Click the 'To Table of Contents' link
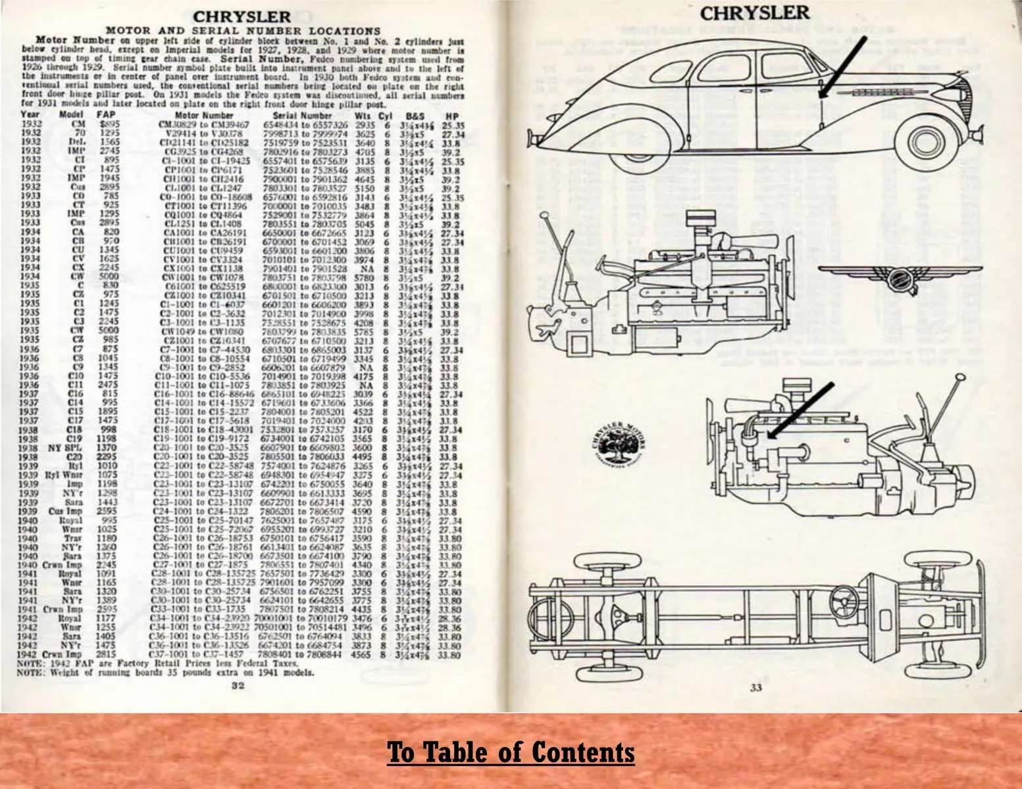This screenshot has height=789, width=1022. pos(511,752)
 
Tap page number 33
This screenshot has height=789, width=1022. pos(755,688)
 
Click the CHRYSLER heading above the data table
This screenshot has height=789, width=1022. pos(242,16)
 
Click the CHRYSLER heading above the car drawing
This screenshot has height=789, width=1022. pos(755,13)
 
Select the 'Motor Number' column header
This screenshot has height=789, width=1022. pos(209,114)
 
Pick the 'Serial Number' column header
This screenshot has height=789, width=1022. pos(306,114)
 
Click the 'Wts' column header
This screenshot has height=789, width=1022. pos(362,114)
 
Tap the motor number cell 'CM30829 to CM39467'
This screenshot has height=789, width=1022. pos(204,124)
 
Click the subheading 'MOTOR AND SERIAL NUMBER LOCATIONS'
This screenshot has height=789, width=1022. pos(243,31)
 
